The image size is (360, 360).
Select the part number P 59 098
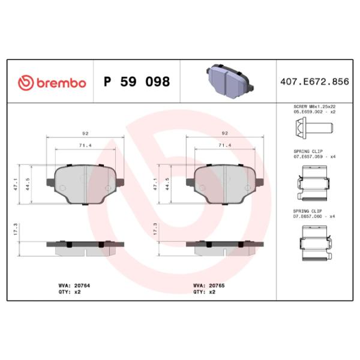pos(137,82)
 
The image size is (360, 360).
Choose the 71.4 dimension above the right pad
pos(224,145)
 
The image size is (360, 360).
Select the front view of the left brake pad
pos(85,185)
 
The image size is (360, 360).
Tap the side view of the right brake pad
pos(224,247)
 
